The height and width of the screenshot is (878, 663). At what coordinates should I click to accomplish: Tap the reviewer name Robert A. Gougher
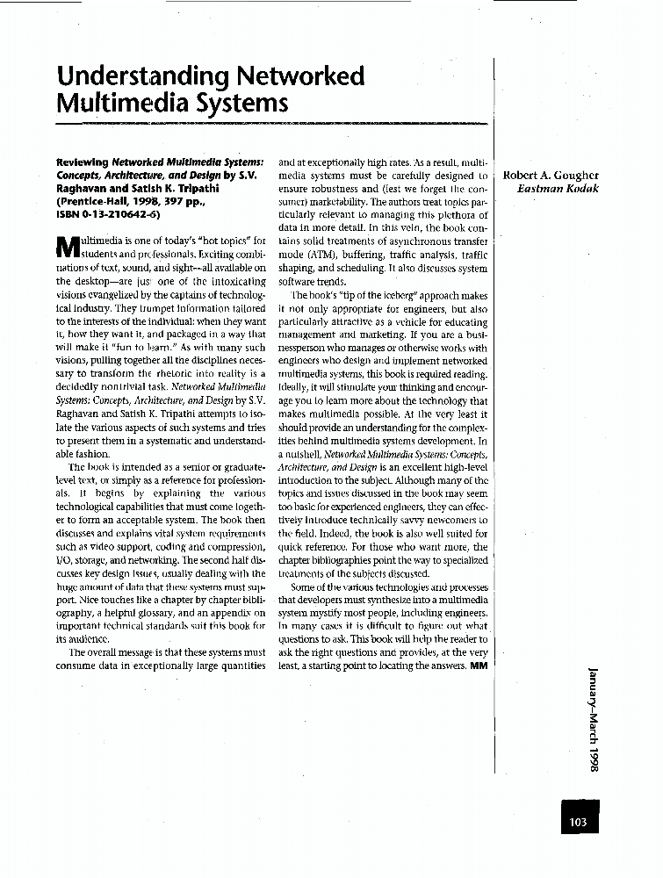(x=551, y=175)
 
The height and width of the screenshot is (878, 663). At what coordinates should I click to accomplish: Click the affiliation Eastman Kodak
(x=558, y=188)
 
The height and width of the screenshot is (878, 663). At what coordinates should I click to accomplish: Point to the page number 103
(x=577, y=822)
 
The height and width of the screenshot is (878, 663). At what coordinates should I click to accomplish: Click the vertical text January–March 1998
(x=594, y=718)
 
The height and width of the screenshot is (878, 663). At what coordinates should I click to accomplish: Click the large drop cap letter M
(x=68, y=248)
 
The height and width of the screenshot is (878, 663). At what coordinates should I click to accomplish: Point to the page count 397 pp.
(x=188, y=200)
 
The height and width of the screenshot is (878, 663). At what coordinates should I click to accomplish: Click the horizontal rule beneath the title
(x=263, y=126)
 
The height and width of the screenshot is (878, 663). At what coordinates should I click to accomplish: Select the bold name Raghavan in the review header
(x=84, y=187)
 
